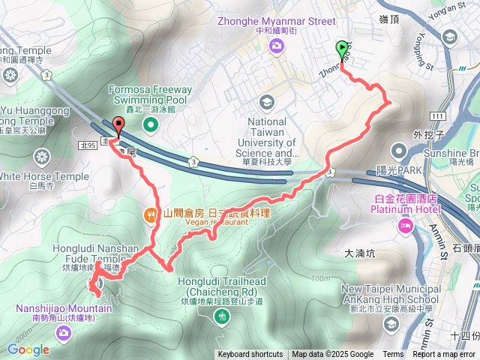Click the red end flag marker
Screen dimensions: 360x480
[x=118, y=127]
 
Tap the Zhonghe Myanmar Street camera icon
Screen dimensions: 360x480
[x=277, y=47]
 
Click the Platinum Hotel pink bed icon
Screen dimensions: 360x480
[x=406, y=225]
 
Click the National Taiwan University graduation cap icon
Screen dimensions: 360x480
[x=265, y=102]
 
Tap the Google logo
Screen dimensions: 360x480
[x=28, y=349]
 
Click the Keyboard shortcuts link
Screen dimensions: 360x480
[x=250, y=355]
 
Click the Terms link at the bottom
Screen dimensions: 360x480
[x=393, y=355]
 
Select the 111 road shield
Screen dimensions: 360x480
[x=438, y=115]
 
